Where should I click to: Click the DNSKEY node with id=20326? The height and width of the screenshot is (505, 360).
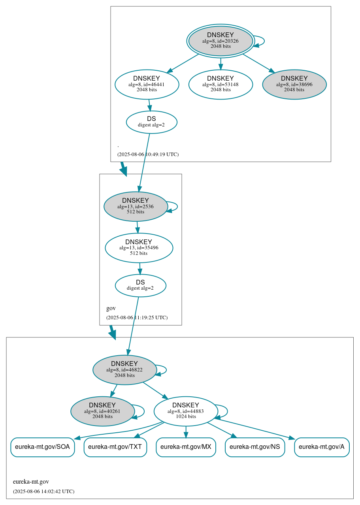point(221,41)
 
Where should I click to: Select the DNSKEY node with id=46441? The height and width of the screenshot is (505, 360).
point(147,84)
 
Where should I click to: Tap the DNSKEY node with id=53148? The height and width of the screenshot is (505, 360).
point(221,84)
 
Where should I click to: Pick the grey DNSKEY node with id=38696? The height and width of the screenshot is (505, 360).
point(294,84)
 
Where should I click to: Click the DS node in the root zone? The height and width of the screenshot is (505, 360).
point(151,122)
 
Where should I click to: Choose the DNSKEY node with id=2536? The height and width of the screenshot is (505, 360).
point(136,206)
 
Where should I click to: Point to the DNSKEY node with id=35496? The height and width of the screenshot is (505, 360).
point(139,248)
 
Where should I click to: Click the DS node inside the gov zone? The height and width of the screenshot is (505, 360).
point(140,285)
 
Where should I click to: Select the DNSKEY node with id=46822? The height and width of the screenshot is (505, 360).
point(124,369)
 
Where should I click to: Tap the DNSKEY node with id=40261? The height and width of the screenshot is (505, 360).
point(102,411)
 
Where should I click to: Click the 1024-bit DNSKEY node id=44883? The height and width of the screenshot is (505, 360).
point(186,411)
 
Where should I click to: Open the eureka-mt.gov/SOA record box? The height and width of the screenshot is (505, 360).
point(42,447)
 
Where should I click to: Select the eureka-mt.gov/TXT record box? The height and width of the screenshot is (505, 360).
point(115,447)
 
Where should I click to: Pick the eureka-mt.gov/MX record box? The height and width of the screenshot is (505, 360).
point(186,447)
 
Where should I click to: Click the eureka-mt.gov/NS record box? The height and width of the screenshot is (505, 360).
point(254,447)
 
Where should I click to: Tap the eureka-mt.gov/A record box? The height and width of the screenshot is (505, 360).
point(322,447)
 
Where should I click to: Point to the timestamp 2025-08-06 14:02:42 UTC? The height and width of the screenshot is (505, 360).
point(43,491)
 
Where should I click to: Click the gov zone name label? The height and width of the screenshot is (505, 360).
point(111,308)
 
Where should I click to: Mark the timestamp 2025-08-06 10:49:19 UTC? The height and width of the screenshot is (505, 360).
point(148,154)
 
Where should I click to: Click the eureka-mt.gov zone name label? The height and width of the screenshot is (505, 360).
point(31,481)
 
